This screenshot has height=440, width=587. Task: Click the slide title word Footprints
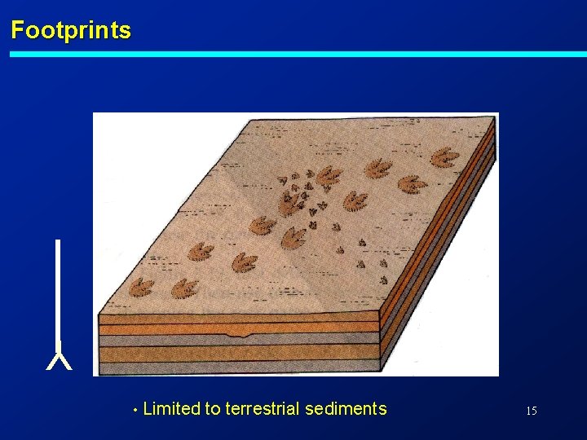coord(70,31)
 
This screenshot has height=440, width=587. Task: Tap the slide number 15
coord(531,411)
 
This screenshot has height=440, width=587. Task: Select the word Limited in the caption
coord(171,409)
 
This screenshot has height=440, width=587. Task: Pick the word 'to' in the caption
coord(213,409)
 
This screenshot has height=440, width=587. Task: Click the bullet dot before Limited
coord(135,410)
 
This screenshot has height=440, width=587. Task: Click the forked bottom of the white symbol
coord(59,360)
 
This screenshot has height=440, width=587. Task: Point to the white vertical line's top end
coord(58,242)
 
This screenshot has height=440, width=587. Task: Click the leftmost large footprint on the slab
coord(143,287)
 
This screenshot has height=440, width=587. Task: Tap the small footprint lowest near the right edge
coord(383,279)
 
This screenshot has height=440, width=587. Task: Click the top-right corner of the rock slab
coord(493,117)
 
